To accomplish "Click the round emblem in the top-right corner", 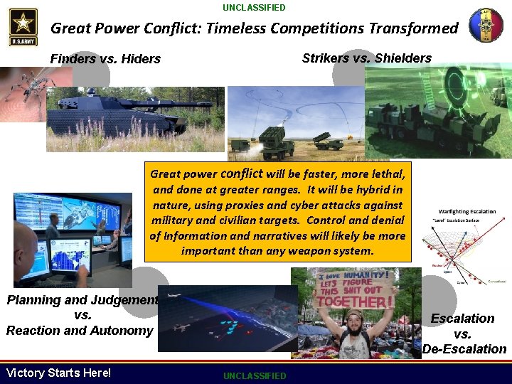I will pos(486,26).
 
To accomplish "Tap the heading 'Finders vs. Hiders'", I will pos(105,59).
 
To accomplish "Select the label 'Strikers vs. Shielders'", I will pos(366,58).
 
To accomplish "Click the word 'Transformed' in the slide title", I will pos(414,28).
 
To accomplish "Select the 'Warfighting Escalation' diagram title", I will pos(466,211).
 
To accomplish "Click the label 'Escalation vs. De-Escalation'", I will pos(463,334).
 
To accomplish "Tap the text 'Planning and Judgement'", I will pos(82,300).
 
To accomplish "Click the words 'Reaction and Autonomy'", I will pos(80,331).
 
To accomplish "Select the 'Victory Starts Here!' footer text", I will pos(58,373).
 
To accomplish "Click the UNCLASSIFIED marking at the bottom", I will pos(254,375).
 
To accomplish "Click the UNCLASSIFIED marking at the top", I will pos(254,7).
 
